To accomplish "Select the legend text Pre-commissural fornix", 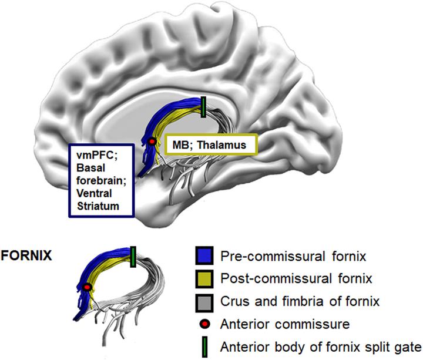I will [x=278, y=257].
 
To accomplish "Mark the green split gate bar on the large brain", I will [x=203, y=107].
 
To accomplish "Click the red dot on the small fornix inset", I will [x=88, y=287].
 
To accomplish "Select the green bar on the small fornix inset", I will [x=133, y=255].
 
